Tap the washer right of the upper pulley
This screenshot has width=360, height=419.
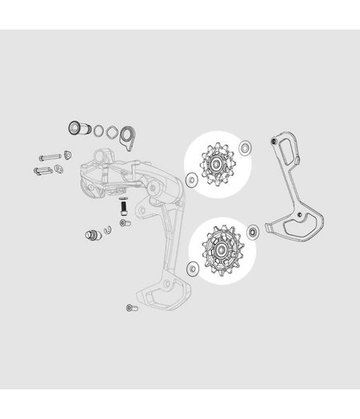pyautogui.click(x=244, y=146)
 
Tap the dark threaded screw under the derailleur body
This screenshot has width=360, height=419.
pyautogui.click(x=124, y=206)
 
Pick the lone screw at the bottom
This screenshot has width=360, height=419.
pyautogui.click(x=130, y=308)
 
